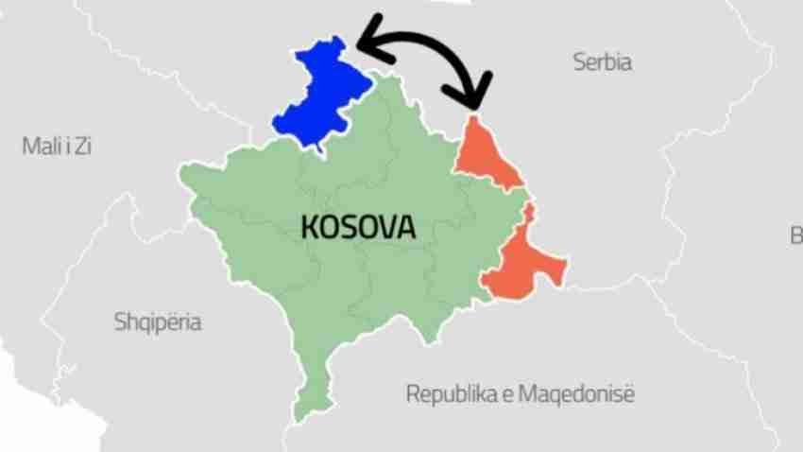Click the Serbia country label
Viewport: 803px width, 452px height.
pyautogui.click(x=602, y=63)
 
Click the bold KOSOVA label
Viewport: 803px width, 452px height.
pyautogui.click(x=358, y=227)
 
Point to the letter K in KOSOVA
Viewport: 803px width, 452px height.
pyautogui.click(x=309, y=227)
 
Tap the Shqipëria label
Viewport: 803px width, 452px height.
pyautogui.click(x=158, y=322)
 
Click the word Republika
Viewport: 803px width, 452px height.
pyautogui.click(x=446, y=392)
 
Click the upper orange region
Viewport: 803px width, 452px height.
pyautogui.click(x=484, y=156)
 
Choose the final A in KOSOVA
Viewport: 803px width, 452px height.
pyautogui.click(x=406, y=227)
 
